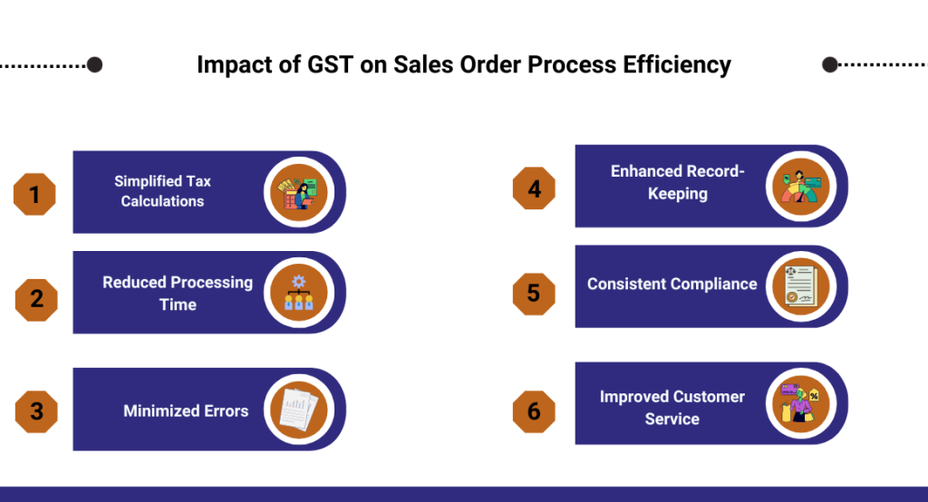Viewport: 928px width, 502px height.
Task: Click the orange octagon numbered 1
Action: point(35,194)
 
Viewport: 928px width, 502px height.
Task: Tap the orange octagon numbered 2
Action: point(36,300)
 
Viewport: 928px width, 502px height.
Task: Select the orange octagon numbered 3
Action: point(36,411)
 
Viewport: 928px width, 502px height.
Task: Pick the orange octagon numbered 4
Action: point(534,188)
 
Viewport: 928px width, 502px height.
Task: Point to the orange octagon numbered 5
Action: point(534,294)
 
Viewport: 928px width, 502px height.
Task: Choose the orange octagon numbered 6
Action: point(534,411)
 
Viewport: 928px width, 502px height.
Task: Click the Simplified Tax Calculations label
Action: point(163,191)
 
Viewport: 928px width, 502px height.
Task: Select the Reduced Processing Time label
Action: point(178,293)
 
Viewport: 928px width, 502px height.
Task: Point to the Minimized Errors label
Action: point(186,410)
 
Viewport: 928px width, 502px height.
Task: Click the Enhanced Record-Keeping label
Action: point(678,182)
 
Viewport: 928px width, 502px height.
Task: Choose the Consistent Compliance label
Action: point(672,285)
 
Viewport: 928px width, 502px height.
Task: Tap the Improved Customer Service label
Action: point(672,407)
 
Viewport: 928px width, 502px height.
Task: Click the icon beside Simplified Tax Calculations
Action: point(299,192)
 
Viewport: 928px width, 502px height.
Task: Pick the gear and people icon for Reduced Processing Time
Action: point(299,293)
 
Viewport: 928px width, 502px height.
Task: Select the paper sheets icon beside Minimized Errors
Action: point(299,410)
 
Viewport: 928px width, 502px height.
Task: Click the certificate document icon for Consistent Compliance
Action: point(801,286)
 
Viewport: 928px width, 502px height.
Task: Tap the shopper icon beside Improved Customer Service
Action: point(801,404)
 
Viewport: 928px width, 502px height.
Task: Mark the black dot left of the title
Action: point(94,64)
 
